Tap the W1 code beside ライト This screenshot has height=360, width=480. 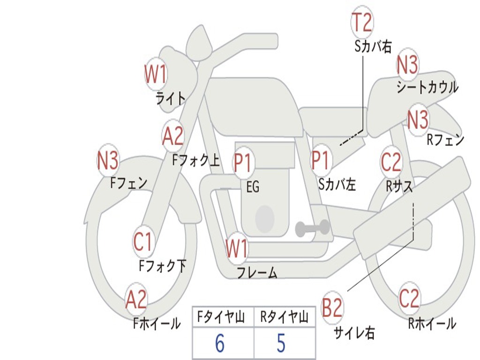156,74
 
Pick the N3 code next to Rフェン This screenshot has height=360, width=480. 418,120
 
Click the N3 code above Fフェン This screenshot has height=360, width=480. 108,161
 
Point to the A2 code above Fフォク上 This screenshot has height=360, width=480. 173,136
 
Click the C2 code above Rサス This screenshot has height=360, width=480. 391,162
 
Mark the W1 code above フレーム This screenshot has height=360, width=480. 237,248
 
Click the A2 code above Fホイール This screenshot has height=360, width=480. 136,300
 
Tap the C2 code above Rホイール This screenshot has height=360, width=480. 409,298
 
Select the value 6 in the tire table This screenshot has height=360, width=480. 220,344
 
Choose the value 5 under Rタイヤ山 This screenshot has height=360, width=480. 281,344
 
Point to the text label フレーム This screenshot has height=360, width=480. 257,273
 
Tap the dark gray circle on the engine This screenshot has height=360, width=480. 265,217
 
